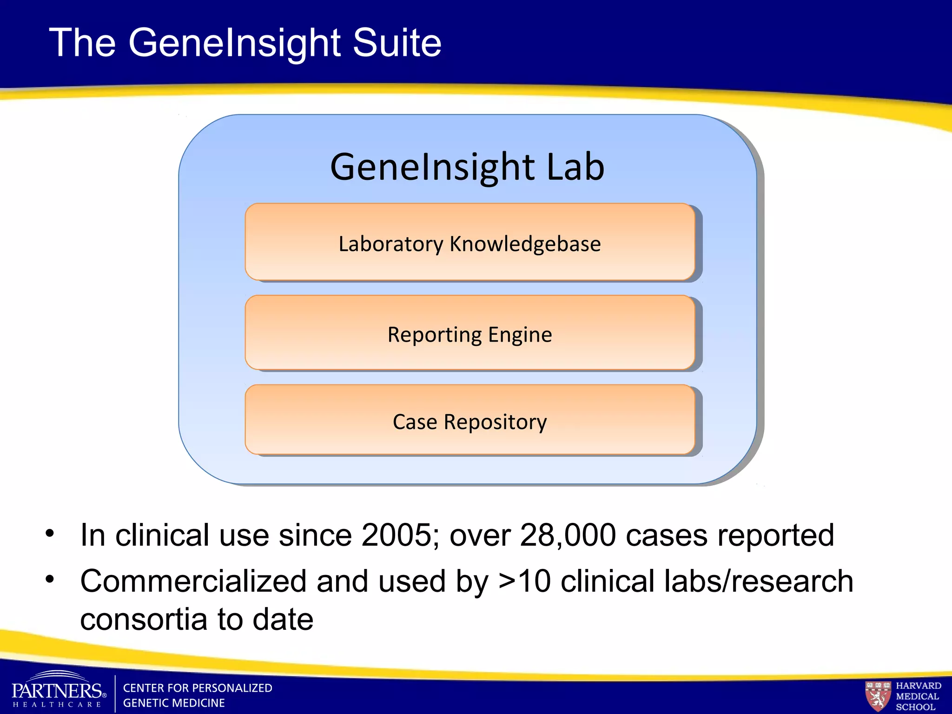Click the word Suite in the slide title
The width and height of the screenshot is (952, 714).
[397, 43]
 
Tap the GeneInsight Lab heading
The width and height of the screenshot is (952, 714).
[467, 167]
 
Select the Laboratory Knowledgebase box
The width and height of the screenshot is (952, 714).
[469, 242]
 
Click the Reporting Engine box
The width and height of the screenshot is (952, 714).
[469, 333]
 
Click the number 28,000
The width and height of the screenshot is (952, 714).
[568, 535]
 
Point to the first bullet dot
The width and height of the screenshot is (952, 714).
[50, 533]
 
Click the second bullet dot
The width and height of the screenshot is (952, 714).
[50, 579]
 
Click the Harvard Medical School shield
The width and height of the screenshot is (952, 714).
[878, 696]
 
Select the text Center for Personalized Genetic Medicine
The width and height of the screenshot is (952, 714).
[197, 695]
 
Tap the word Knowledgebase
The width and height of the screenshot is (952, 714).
[525, 244]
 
